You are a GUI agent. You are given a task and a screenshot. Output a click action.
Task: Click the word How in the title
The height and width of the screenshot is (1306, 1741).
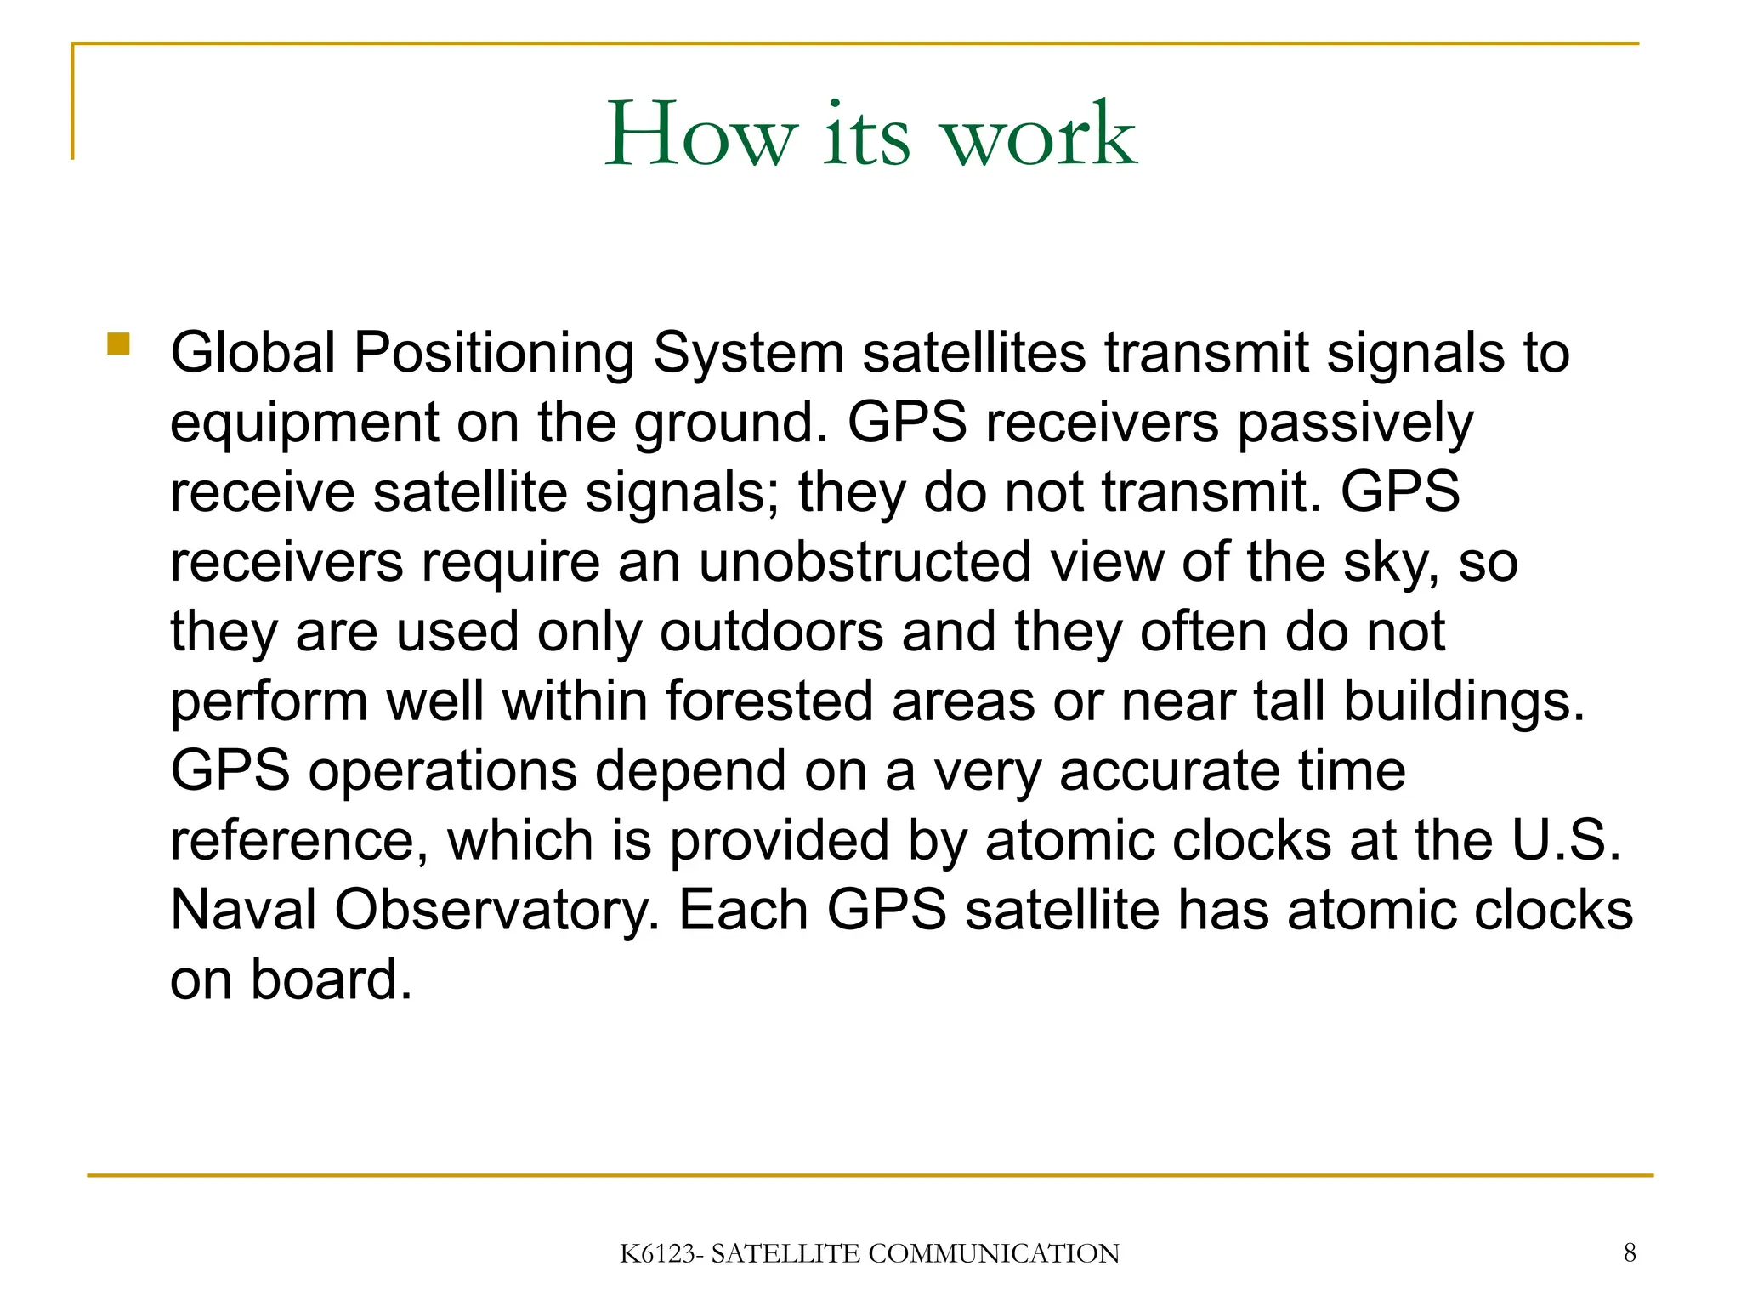click(701, 136)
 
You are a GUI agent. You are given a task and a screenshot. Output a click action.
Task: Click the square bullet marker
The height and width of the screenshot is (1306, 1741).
click(118, 344)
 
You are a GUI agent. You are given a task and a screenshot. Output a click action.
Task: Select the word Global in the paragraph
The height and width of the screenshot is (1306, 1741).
click(252, 352)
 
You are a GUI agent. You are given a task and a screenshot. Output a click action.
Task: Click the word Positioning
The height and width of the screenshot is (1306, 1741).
click(494, 354)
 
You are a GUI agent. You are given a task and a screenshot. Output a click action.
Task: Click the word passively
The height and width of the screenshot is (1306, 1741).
click(1355, 423)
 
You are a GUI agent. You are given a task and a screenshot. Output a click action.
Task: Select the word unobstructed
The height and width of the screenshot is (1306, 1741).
click(865, 562)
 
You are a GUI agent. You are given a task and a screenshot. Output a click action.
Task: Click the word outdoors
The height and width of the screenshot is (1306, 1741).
click(772, 632)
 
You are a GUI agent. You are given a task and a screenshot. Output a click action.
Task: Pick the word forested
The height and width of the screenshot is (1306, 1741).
click(769, 701)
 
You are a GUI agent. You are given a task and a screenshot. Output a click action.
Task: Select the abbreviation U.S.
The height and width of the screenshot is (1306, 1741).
click(1567, 841)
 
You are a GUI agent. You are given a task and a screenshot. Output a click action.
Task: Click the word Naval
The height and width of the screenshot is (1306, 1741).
click(243, 910)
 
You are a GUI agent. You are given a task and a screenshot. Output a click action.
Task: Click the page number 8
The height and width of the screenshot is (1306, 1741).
click(1630, 1252)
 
